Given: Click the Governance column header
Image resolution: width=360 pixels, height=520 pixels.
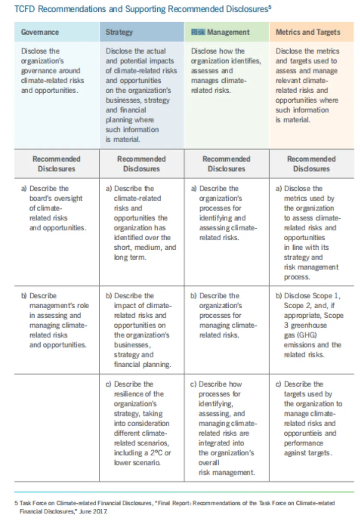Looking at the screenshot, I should click(40, 32).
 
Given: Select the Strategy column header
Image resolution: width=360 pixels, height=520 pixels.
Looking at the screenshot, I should click(119, 32).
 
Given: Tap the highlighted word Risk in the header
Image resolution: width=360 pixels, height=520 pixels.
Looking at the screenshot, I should click(198, 32).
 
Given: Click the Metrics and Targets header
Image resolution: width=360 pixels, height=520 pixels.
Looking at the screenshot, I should click(308, 32).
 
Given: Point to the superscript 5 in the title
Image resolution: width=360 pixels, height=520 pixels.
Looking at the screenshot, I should click(270, 7).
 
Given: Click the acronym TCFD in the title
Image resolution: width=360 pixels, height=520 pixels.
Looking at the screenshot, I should click(25, 9).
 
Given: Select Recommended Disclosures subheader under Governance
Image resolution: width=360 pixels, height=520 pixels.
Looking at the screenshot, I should click(56, 164).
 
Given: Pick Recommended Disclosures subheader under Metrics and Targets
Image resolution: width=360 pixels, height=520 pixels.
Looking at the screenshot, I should click(311, 164).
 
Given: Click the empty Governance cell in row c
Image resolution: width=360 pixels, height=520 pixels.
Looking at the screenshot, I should click(56, 426).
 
